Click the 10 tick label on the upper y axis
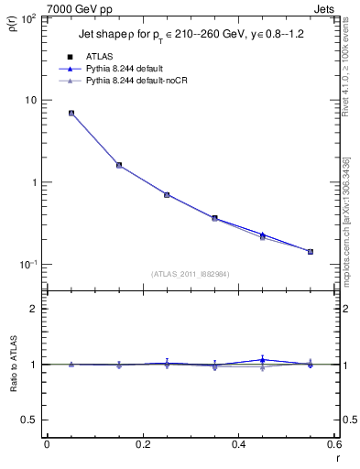click(32, 100)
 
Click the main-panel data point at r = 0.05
click(71, 114)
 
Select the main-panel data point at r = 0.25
click(167, 194)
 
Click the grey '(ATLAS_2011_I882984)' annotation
click(191, 273)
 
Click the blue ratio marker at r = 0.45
click(262, 360)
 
